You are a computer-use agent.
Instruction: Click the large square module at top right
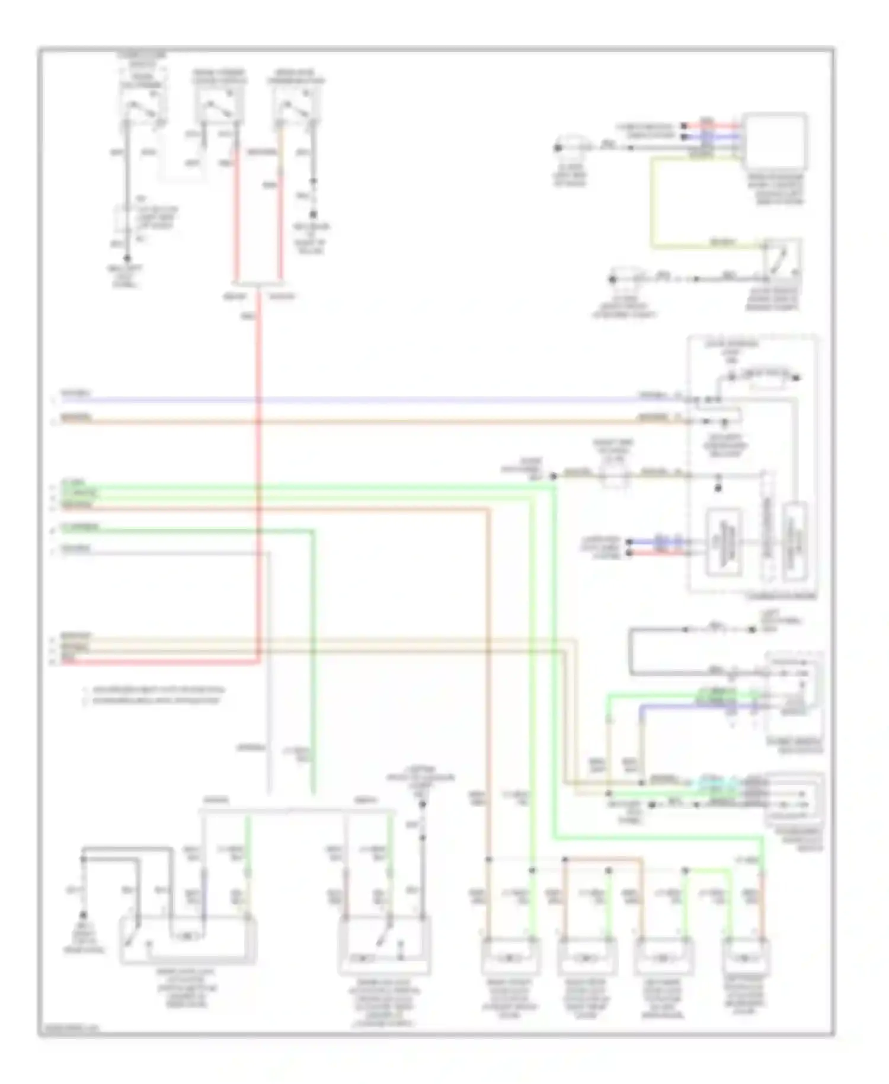[x=775, y=141]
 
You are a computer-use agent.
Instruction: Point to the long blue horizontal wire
[x=356, y=399]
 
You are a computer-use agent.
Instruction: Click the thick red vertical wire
[x=258, y=474]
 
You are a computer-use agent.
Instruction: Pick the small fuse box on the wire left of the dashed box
[x=614, y=475]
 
